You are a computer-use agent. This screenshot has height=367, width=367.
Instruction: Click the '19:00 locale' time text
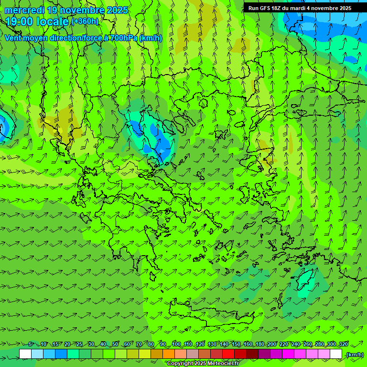[x=37, y=21]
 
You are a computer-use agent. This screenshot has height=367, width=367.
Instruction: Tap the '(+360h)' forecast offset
[x=85, y=21]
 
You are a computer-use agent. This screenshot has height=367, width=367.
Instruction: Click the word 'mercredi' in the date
[x=24, y=10]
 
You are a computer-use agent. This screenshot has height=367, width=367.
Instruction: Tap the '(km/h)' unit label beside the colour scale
[x=355, y=354]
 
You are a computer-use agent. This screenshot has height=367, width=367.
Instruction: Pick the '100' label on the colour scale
[x=176, y=344]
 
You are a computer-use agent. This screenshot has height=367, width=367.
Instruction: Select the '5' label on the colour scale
[x=31, y=344]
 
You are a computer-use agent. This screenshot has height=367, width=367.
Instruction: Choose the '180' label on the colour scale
[x=259, y=344]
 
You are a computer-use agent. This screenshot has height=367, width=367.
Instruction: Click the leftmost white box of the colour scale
[x=25, y=354]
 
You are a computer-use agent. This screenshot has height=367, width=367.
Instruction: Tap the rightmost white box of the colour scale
[x=336, y=354]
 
